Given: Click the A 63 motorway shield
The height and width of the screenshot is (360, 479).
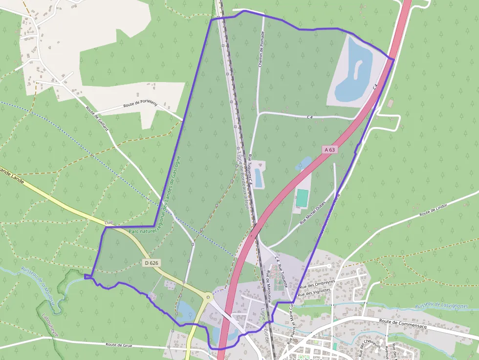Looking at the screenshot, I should point(329,150).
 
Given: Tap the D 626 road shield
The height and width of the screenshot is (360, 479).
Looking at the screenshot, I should point(152,263).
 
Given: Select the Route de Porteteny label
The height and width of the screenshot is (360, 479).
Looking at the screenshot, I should point(140,104).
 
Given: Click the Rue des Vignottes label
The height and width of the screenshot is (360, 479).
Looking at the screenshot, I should point(314,292).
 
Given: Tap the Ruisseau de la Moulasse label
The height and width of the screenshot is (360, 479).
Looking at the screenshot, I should point(41,283).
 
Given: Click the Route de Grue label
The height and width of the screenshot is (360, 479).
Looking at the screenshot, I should point(120,345).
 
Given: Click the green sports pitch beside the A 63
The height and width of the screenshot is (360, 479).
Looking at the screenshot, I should point(302,197).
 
